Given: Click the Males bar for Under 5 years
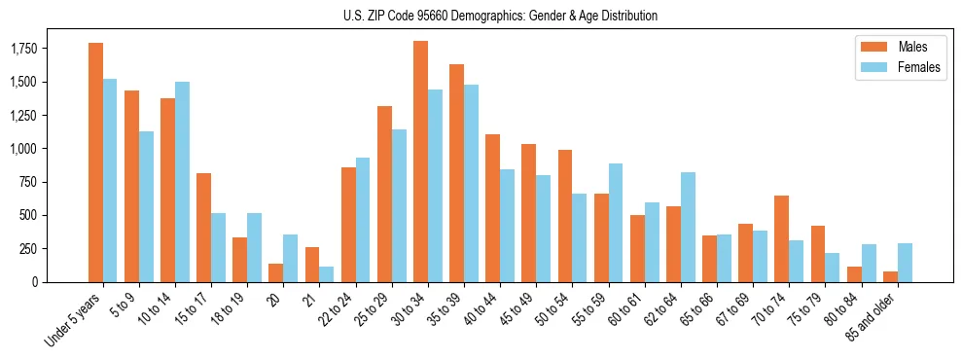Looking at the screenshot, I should point(95,162).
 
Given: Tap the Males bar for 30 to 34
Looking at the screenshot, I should point(420,162).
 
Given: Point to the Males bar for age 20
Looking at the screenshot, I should point(276,272).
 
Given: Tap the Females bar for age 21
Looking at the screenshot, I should point(326,274).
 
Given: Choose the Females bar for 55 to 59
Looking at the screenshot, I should point(616,223).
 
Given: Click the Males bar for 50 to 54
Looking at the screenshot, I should point(565,216).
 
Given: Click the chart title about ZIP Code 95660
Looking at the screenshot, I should point(500,16).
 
